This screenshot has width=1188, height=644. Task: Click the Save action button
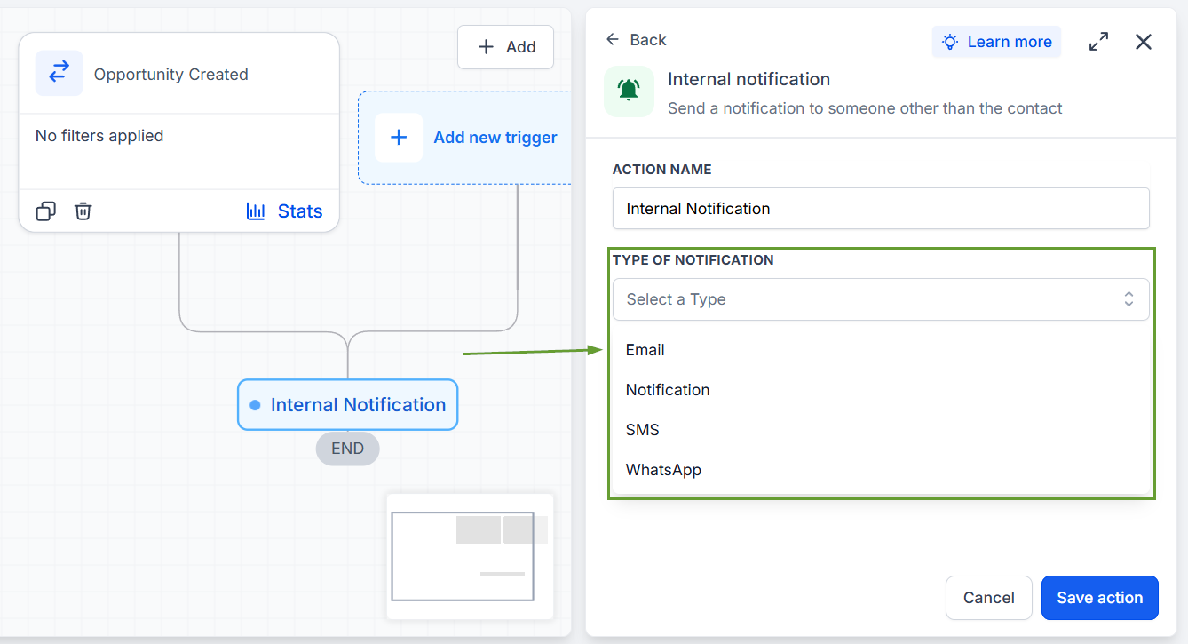[x=1099, y=597]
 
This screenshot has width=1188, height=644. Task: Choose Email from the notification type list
[x=645, y=350]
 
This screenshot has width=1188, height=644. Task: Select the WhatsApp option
[x=663, y=470]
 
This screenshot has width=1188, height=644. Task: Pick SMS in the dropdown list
[x=642, y=430]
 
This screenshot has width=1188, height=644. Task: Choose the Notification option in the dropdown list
[x=668, y=390]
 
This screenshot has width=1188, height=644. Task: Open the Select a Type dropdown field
[x=881, y=299]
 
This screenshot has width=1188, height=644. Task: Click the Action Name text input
[x=881, y=209]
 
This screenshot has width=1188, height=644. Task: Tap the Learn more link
[x=996, y=42]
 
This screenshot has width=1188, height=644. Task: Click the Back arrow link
[x=637, y=40]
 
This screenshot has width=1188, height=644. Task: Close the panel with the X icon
[x=1144, y=42]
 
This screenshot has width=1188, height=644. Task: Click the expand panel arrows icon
[x=1098, y=42]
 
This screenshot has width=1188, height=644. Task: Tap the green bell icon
[x=629, y=91]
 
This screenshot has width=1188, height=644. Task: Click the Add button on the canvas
[x=505, y=47]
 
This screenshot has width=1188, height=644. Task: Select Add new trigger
[x=465, y=138]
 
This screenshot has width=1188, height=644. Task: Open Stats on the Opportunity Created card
[x=284, y=211]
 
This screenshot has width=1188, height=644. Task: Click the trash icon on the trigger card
[x=83, y=211]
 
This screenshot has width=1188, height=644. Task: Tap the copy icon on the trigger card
[x=45, y=211]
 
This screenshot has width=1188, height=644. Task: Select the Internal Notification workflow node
[x=348, y=405]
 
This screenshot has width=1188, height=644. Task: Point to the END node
[x=347, y=449]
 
